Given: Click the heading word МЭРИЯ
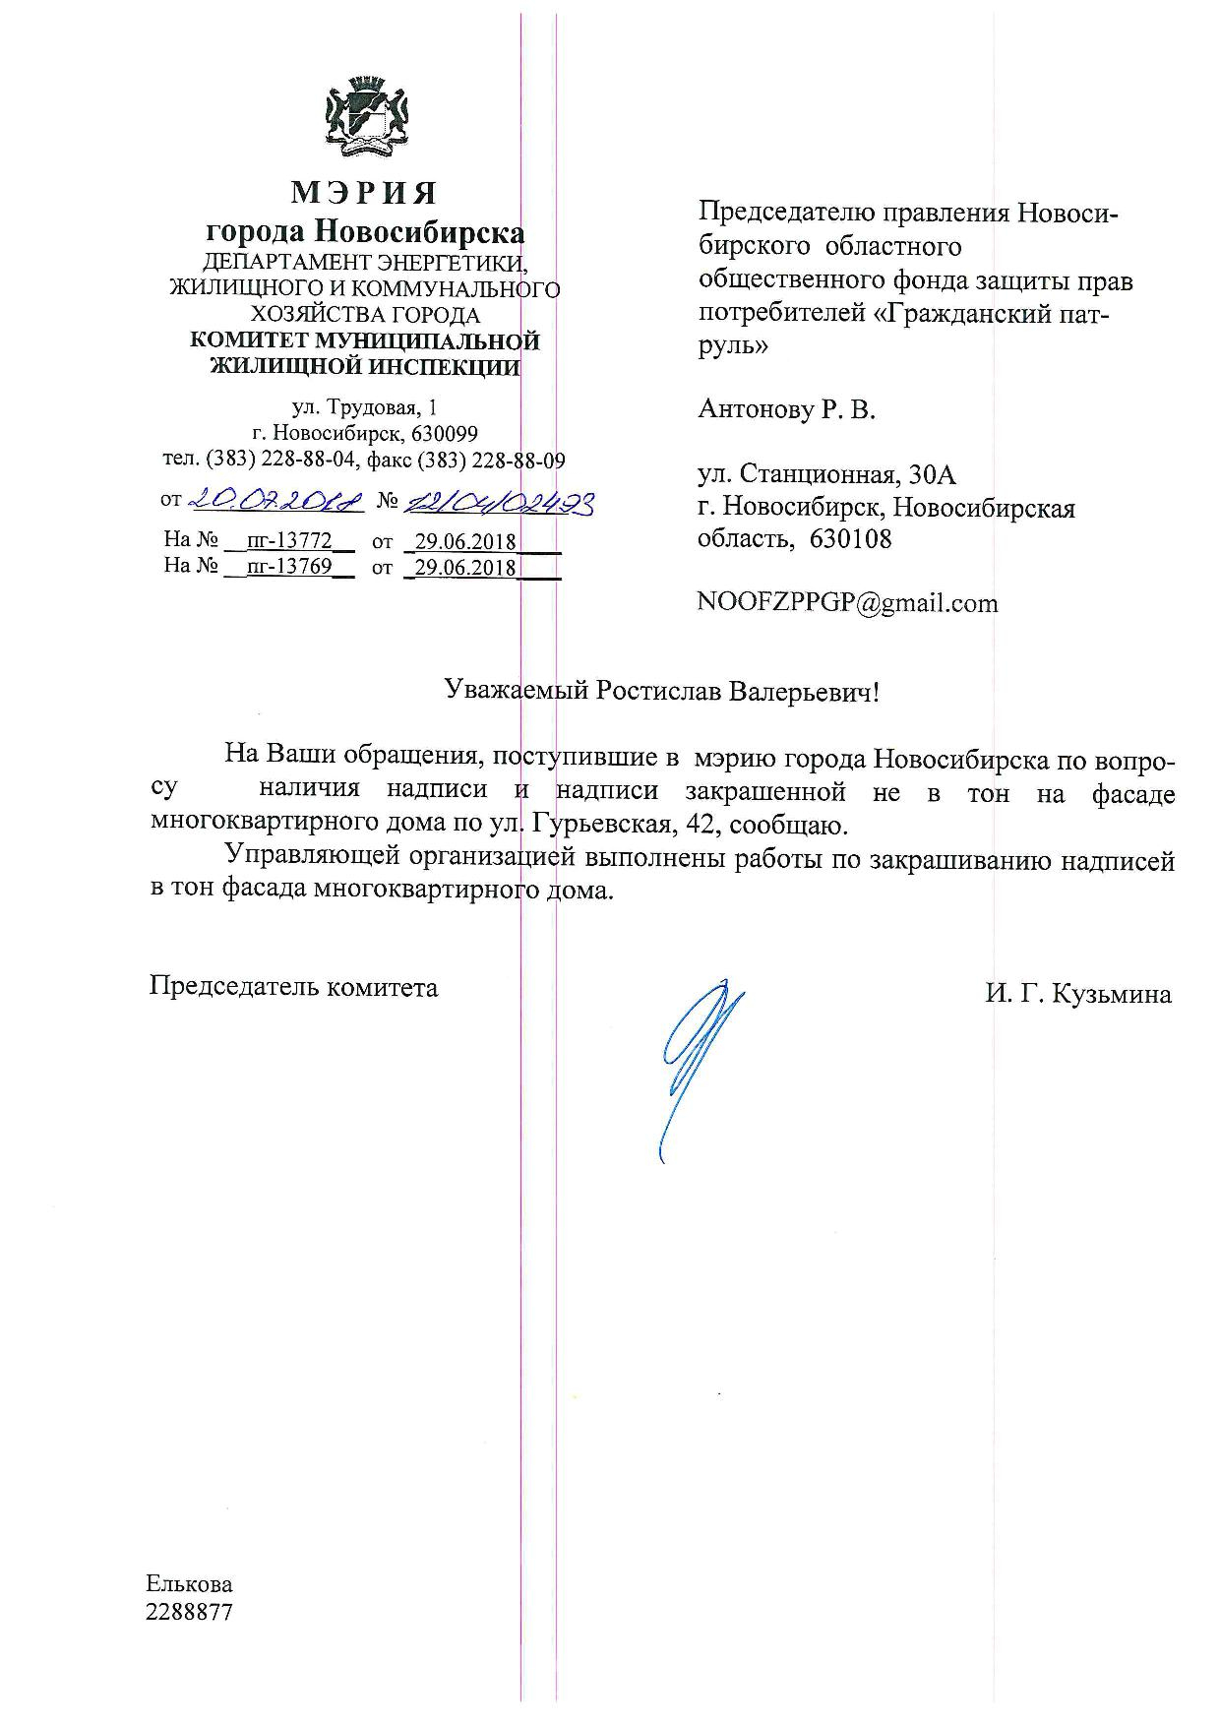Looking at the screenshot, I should (x=364, y=192).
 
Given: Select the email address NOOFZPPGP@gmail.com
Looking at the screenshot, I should (x=847, y=602).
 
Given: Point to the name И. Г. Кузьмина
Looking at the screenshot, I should (x=1078, y=994).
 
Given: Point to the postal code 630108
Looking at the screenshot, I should (x=851, y=539).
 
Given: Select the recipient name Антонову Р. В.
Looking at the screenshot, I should (x=786, y=409).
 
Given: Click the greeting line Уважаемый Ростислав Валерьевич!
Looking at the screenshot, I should (x=660, y=691).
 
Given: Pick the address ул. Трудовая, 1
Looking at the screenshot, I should (x=364, y=406).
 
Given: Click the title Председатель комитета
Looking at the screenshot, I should (x=293, y=987).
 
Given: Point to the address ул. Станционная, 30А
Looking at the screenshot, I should (x=826, y=475).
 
